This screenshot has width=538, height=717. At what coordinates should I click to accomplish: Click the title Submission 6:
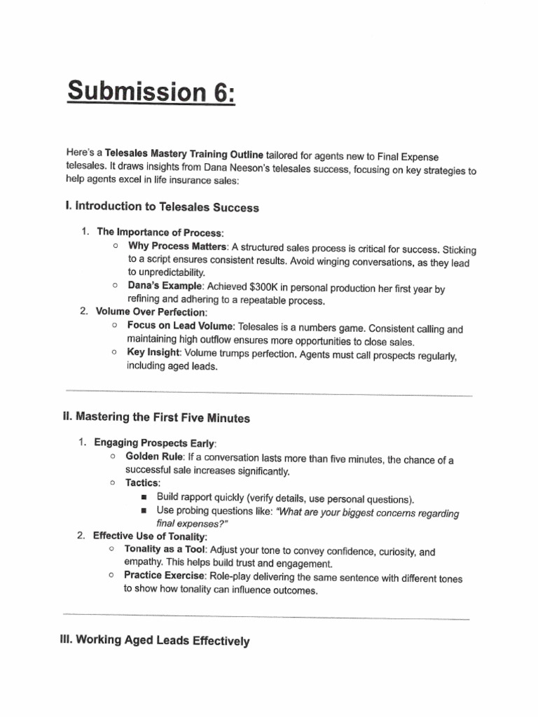151,92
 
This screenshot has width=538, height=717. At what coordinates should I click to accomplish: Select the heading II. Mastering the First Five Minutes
156,418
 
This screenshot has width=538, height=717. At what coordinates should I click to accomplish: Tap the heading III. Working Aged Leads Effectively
156,639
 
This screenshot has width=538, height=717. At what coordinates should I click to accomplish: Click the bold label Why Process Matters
177,247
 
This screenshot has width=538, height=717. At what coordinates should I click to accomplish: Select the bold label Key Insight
153,353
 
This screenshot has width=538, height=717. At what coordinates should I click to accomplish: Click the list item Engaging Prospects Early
155,443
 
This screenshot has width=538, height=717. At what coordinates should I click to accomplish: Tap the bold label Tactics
142,483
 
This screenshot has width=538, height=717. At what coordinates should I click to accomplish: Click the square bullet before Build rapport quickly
144,497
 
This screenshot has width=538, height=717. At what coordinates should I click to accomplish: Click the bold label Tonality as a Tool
165,550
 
